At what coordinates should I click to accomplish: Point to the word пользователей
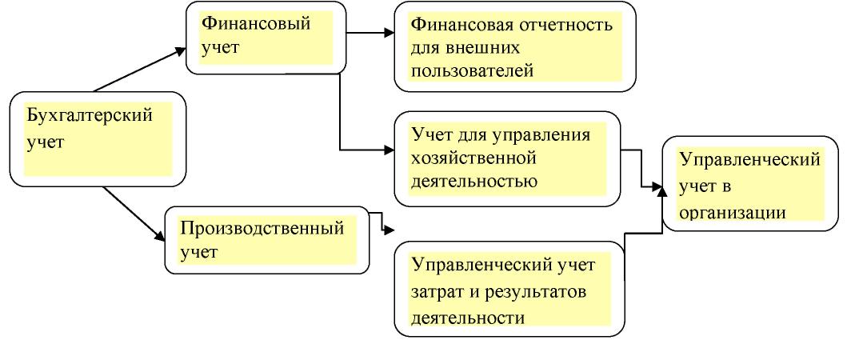470,72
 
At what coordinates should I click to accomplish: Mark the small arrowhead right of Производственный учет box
390,230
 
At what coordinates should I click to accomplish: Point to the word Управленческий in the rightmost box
749,159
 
